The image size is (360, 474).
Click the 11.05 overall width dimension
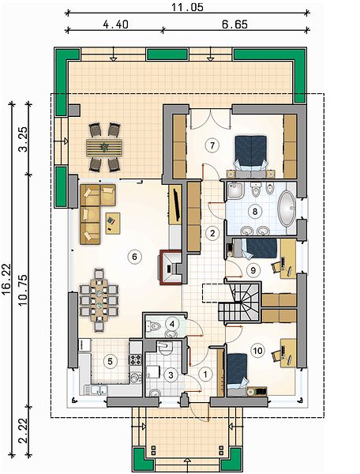coord(188,7)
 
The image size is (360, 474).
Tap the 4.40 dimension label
coord(115,24)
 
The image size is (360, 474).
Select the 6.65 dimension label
coord(234,24)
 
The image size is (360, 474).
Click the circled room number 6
coord(134,257)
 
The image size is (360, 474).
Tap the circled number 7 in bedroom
coord(212,145)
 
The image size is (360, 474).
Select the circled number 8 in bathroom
coord(255,211)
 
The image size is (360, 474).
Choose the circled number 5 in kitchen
coord(110,361)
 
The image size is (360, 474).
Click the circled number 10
coord(257,350)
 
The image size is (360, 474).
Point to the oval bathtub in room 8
coord(287,209)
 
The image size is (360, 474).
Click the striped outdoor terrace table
coord(104,148)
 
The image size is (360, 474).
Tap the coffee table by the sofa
coord(113,223)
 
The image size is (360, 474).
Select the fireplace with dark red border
coord(171,268)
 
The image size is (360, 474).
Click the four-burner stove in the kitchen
coord(135,359)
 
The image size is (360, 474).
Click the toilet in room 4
coord(154,326)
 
